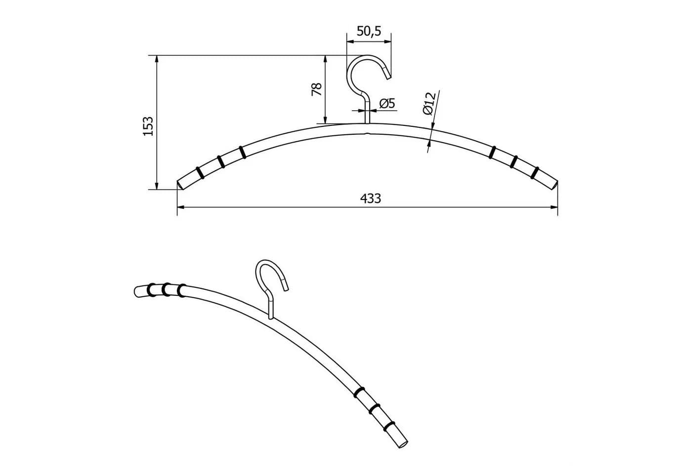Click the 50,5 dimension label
pyautogui.click(x=369, y=31)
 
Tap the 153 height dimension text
pyautogui.click(x=148, y=126)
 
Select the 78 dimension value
pyautogui.click(x=317, y=89)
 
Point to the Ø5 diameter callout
pyautogui.click(x=387, y=103)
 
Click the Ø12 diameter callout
pyautogui.click(x=430, y=103)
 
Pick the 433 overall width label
pyautogui.click(x=370, y=198)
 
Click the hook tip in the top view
pyautogui.click(x=389, y=76)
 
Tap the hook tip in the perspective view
pyautogui.click(x=286, y=289)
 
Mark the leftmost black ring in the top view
pyautogui.click(x=200, y=172)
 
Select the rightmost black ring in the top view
pyautogui.click(x=535, y=173)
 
